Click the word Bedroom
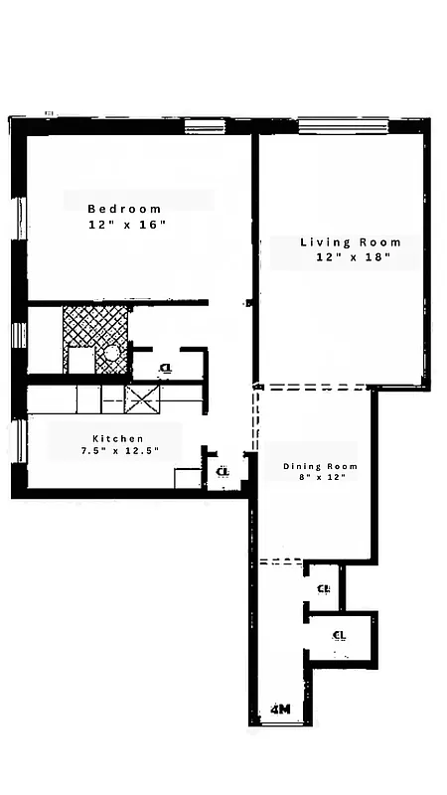[124, 209]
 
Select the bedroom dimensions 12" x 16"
[125, 226]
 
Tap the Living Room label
[351, 241]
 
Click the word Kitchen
[118, 438]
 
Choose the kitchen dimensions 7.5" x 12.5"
[119, 451]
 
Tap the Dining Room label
[320, 466]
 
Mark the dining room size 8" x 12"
[320, 478]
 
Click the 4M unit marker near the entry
[280, 710]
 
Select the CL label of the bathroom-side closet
[165, 368]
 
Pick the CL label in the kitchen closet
[223, 471]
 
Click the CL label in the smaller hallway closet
[323, 588]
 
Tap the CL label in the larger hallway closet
[339, 635]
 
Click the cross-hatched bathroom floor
[94, 324]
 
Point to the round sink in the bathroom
[112, 352]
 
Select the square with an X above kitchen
[142, 398]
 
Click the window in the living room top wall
[343, 126]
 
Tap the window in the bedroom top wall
[206, 126]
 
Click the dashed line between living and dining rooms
[313, 387]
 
